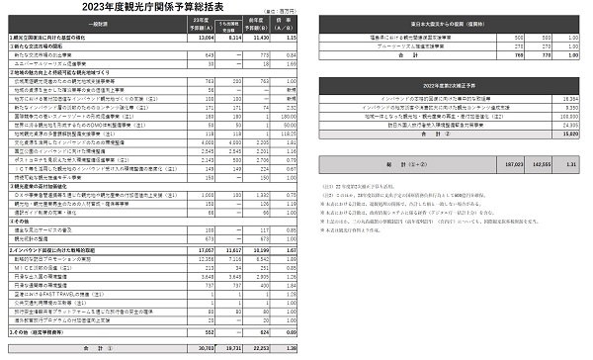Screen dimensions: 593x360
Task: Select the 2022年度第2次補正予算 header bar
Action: click(449, 89)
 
